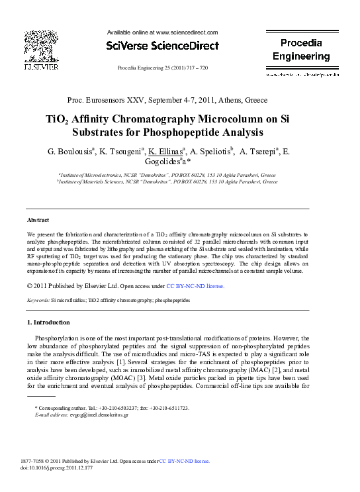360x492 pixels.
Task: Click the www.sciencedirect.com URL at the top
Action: pyautogui.click(x=186, y=32)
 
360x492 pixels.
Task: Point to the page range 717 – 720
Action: pyautogui.click(x=196, y=68)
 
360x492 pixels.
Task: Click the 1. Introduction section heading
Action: pyautogui.click(x=48, y=322)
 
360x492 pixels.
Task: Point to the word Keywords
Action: pyautogui.click(x=38, y=300)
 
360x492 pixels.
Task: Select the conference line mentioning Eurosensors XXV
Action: pyautogui.click(x=167, y=101)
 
